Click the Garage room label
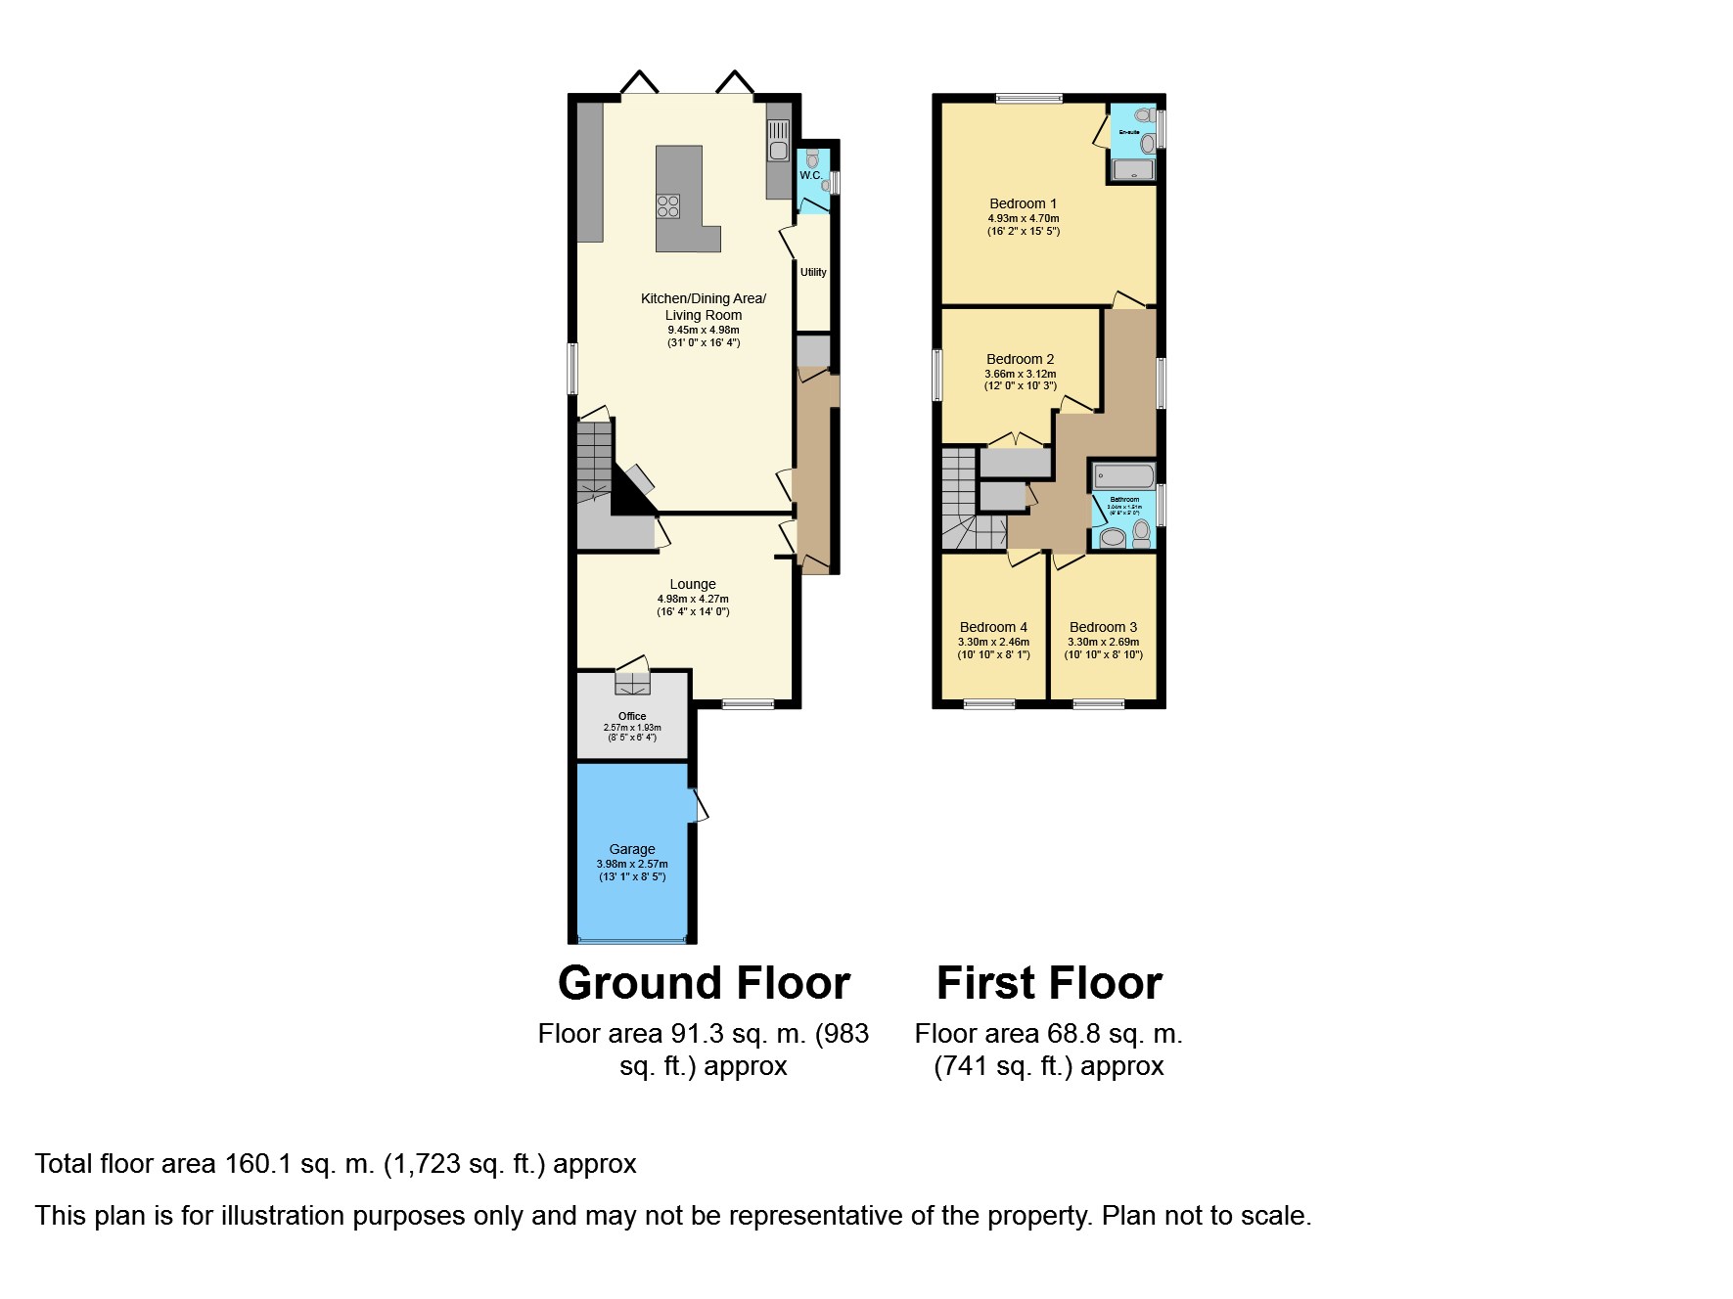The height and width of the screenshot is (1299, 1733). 632,849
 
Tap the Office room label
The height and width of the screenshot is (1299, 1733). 632,716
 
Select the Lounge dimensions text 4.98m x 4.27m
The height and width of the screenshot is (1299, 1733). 693,599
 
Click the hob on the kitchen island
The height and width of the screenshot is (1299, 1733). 668,205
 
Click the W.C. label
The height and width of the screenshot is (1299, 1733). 810,175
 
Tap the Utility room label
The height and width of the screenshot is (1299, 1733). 813,272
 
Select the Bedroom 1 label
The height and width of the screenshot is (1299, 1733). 1023,203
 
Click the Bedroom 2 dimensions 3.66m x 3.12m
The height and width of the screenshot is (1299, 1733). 1020,374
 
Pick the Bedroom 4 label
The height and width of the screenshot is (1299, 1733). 993,627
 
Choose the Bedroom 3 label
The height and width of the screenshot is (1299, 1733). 1103,627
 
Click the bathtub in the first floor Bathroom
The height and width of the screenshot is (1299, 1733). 1124,475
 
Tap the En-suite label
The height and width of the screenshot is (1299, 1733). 1129,132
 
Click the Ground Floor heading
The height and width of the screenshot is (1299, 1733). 704,983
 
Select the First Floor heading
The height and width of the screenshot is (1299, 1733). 1049,983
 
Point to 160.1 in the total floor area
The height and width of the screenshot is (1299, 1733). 258,1164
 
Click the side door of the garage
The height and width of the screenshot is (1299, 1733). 700,805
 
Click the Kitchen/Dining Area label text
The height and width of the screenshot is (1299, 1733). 703,298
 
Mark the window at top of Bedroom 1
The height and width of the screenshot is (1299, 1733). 1028,98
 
